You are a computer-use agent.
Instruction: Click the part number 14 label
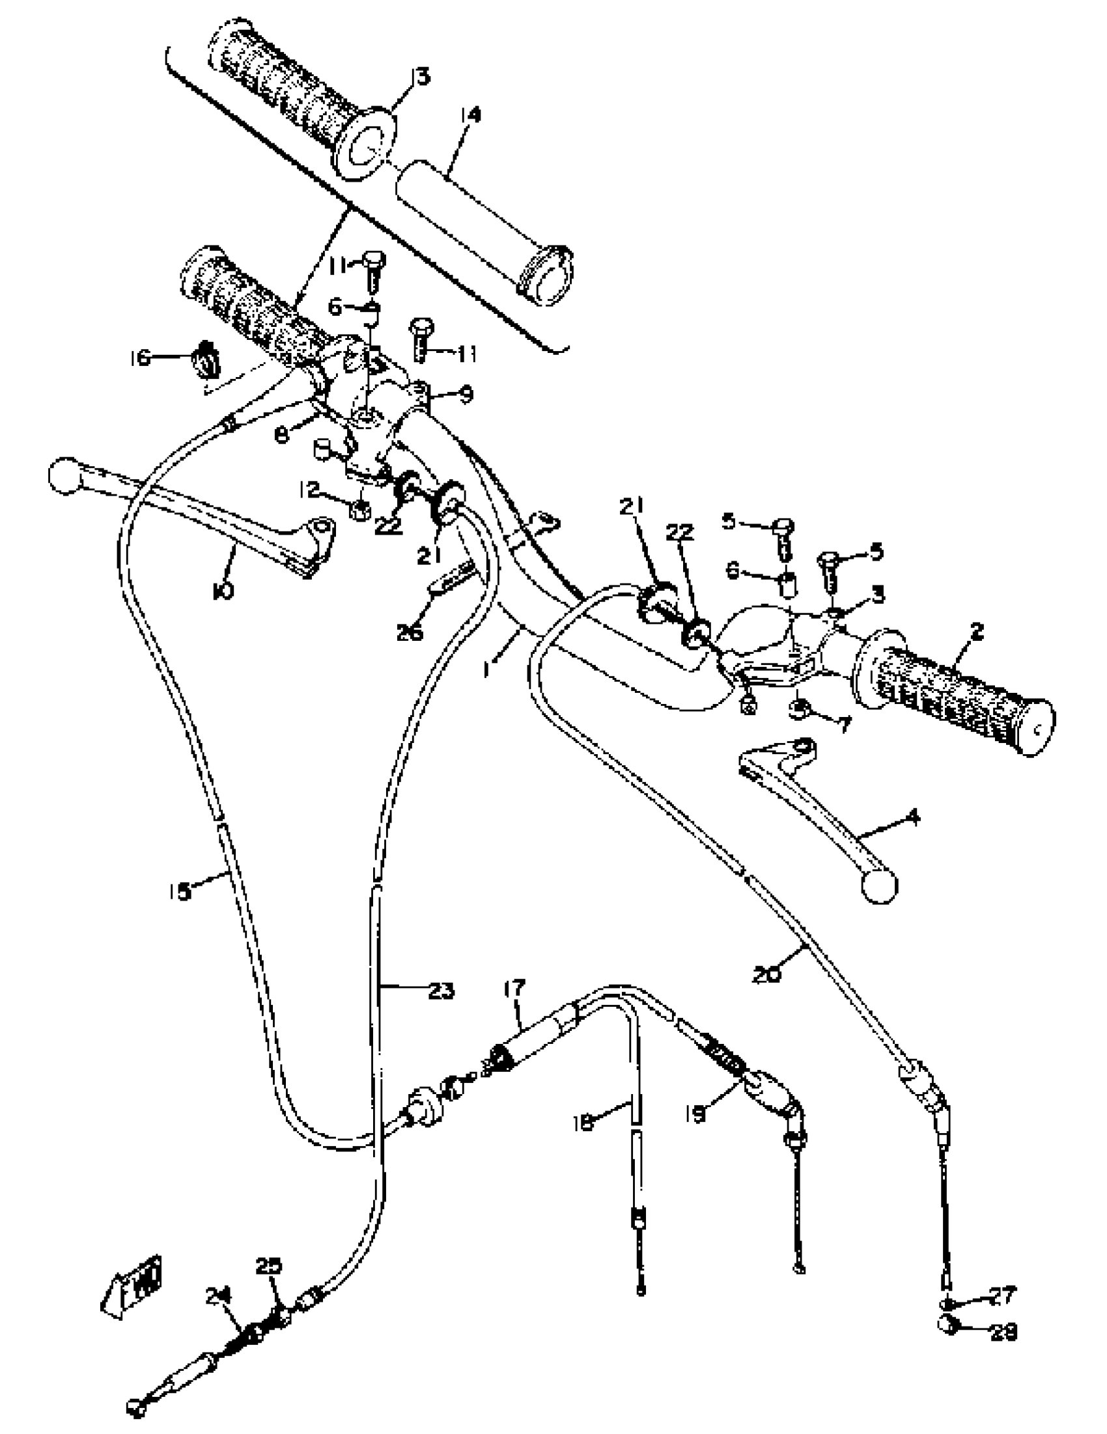pyautogui.click(x=470, y=114)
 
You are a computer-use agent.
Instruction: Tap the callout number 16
pyautogui.click(x=139, y=358)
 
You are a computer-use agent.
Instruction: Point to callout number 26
pyautogui.click(x=410, y=632)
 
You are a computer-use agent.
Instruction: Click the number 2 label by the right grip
pyautogui.click(x=977, y=632)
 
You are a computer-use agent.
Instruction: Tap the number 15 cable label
pyautogui.click(x=179, y=891)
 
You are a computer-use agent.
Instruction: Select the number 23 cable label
pyautogui.click(x=441, y=990)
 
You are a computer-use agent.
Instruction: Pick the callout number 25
pyautogui.click(x=268, y=1266)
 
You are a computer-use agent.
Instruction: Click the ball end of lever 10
pyautogui.click(x=64, y=475)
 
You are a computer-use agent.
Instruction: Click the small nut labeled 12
pyautogui.click(x=360, y=509)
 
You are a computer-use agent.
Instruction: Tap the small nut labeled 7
pyautogui.click(x=799, y=709)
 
